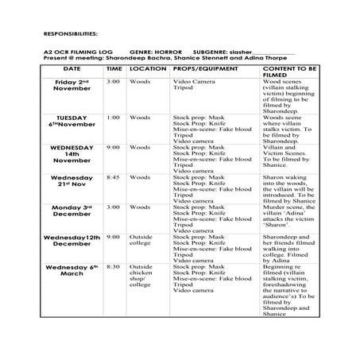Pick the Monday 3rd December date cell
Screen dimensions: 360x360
[72, 211]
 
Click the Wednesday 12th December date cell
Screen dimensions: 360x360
[72, 241]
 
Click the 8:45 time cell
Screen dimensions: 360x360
[114, 177]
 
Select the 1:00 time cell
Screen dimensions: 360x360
[114, 118]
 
